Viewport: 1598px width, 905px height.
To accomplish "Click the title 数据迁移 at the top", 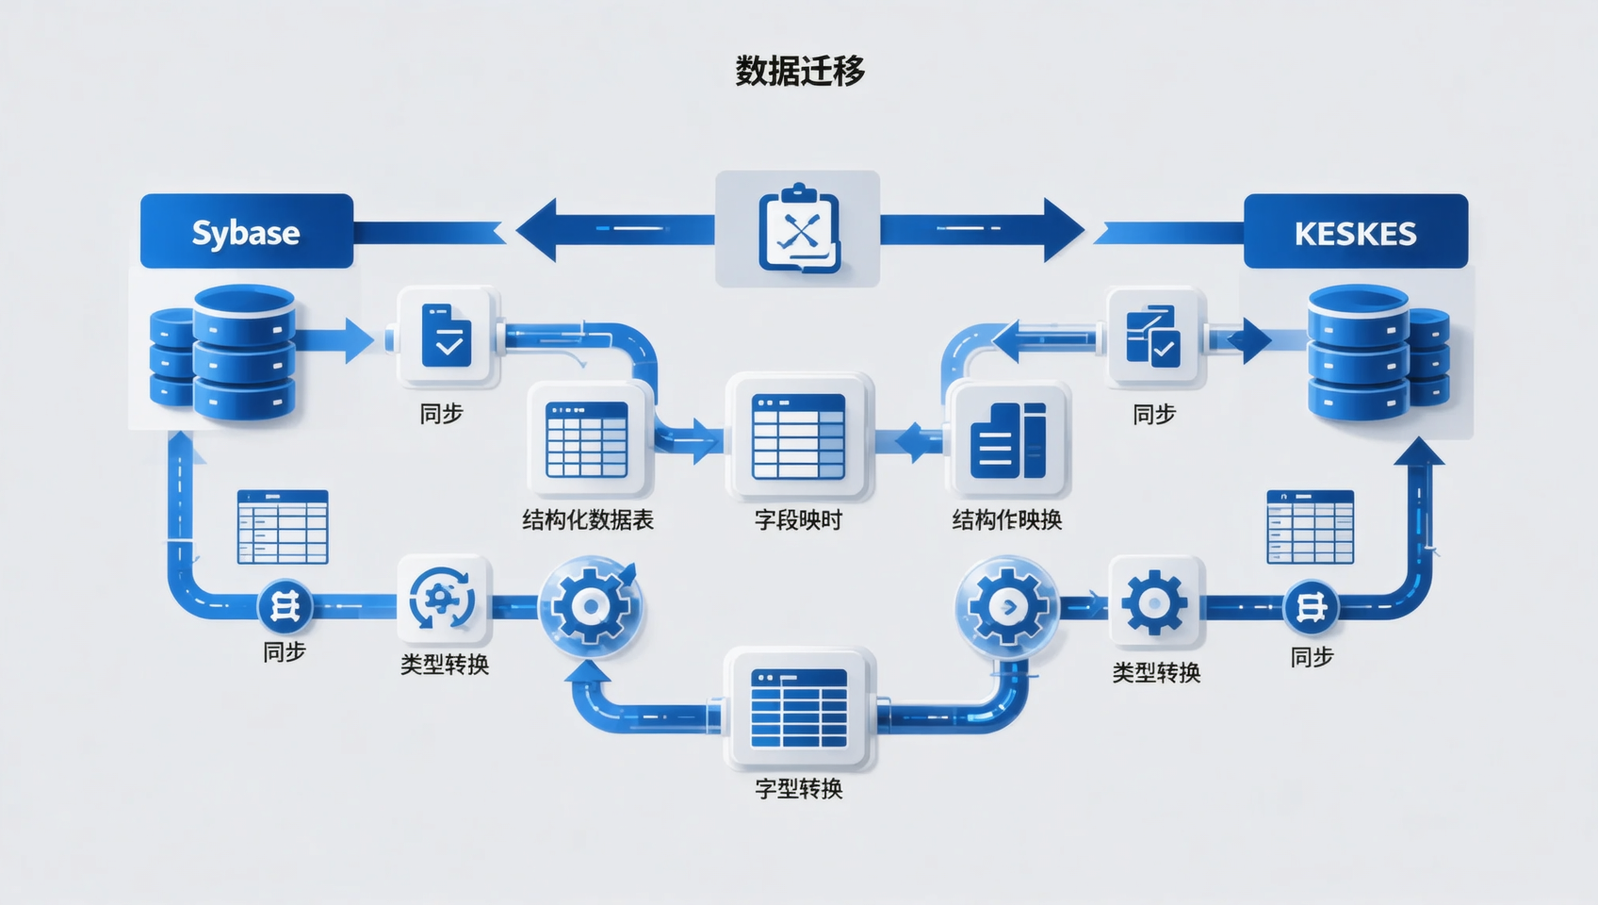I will [799, 71].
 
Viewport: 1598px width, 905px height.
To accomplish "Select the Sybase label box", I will [247, 232].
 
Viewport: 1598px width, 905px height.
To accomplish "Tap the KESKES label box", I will [1355, 232].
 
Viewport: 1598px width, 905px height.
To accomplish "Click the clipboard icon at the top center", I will [798, 229].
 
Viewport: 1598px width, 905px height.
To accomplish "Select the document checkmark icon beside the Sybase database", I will [447, 336].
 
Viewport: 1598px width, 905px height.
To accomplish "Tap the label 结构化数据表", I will [588, 520].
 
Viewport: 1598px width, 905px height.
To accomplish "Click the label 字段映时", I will [798, 520].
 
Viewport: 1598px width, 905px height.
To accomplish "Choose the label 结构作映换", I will [1006, 520].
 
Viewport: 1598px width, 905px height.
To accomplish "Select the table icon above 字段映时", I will [798, 436].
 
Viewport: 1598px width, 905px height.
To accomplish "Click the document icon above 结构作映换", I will [1008, 440].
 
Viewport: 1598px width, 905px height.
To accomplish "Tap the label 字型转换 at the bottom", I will [798, 789].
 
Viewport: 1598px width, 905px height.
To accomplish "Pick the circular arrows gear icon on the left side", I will [443, 600].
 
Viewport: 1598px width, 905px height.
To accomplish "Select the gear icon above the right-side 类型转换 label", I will [1155, 601].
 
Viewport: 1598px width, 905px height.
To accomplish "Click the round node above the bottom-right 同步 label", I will [1311, 606].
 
